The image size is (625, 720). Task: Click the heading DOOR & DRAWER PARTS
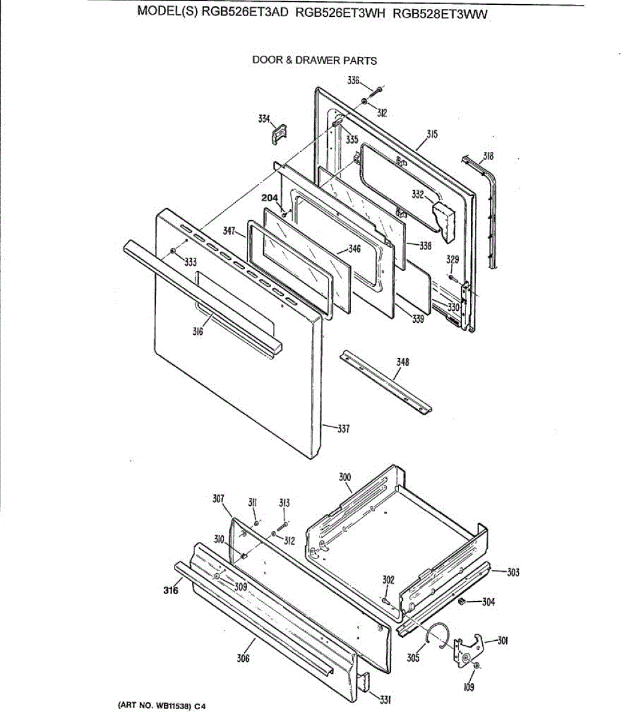click(x=314, y=60)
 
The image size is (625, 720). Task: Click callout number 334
click(x=263, y=119)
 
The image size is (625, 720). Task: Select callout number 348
click(x=402, y=362)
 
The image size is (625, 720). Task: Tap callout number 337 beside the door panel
click(x=343, y=428)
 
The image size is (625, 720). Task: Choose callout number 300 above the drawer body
click(x=344, y=478)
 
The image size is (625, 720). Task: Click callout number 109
click(x=469, y=687)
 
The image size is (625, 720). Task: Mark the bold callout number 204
click(x=269, y=198)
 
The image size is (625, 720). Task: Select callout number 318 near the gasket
click(x=488, y=156)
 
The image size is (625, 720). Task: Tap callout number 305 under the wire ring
click(x=413, y=658)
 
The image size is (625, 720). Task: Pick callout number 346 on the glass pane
click(x=354, y=248)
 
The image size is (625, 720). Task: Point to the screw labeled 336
click(x=377, y=91)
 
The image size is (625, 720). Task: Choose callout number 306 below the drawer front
click(x=243, y=658)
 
